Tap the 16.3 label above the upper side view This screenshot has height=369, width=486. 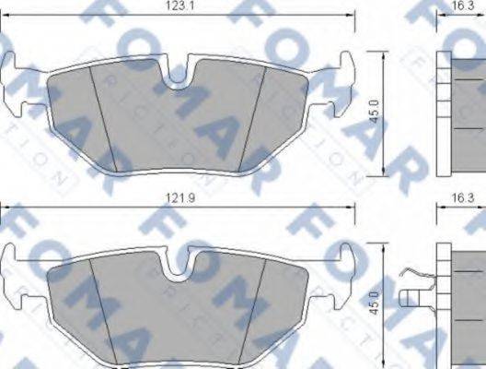tap(462, 6)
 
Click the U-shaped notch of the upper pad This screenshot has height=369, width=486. tap(178, 78)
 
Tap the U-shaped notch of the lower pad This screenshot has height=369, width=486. tap(178, 269)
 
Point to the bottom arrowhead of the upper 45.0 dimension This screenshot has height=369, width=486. tap(382, 173)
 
